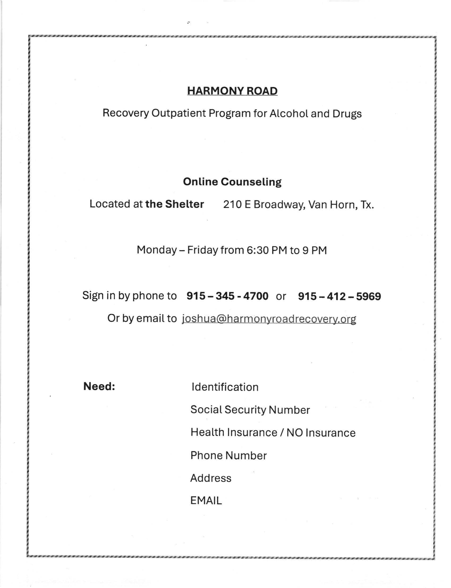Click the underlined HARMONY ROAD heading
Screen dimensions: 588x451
[232, 91]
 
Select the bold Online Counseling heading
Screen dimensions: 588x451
[232, 182]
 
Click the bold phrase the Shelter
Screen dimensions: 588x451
[175, 204]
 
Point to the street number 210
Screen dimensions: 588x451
[232, 205]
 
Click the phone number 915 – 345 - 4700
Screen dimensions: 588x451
[227, 296]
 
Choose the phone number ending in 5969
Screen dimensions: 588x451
[339, 296]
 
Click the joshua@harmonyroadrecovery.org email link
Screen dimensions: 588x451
[269, 319]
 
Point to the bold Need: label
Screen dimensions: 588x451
[99, 386]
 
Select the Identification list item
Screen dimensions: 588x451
[225, 387]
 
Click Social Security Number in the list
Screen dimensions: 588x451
[250, 410]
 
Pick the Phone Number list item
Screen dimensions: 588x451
[228, 455]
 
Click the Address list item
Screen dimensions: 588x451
[211, 478]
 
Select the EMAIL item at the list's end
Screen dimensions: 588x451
[206, 501]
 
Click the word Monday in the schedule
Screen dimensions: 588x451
[156, 250]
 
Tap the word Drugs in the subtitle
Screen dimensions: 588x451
[347, 114]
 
